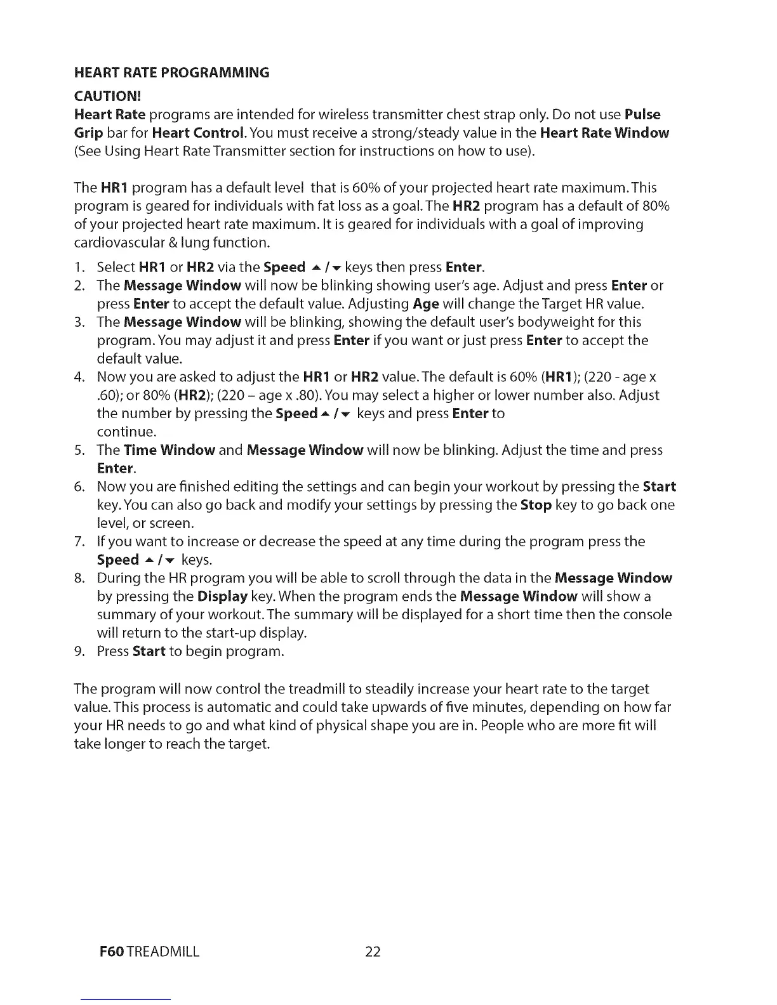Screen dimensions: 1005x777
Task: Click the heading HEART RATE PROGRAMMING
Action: (171, 72)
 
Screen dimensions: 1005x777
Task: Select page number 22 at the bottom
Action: (373, 951)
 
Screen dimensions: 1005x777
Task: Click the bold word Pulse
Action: (642, 115)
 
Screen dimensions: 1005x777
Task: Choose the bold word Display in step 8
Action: (222, 596)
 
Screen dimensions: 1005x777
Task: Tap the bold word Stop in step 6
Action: (535, 505)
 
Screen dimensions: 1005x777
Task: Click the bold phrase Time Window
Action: (169, 450)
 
